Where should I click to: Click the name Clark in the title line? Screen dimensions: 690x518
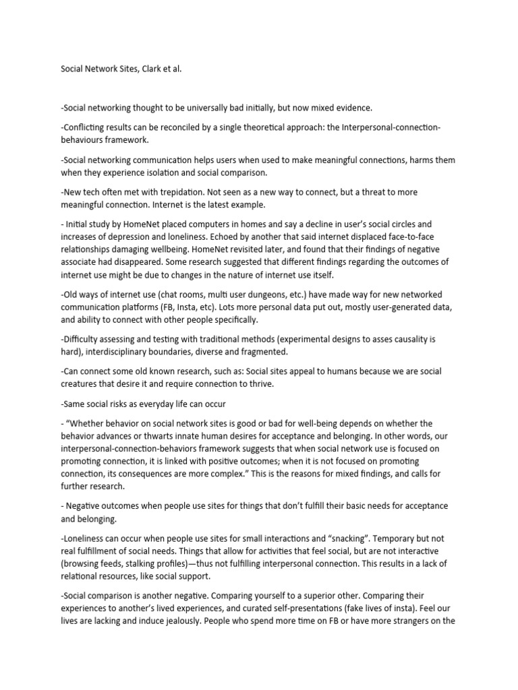tap(152, 69)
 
